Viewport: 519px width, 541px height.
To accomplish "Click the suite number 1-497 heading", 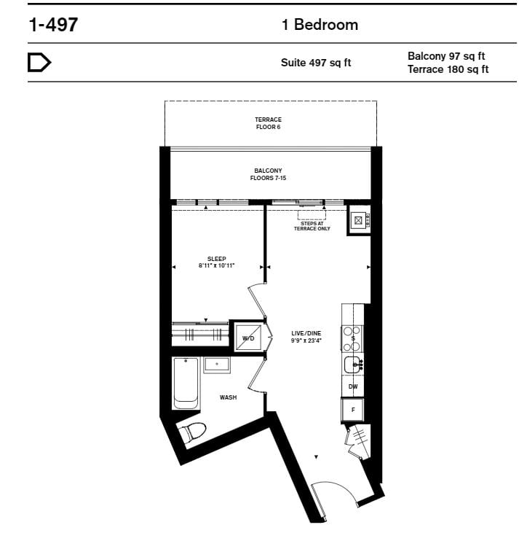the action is pyautogui.click(x=53, y=25).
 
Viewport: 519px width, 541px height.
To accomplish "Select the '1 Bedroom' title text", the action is pyautogui.click(x=320, y=25).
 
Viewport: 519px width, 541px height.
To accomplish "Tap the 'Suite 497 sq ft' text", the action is pyautogui.click(x=316, y=63).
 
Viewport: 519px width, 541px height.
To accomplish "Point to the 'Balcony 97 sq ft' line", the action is pyautogui.click(x=446, y=56).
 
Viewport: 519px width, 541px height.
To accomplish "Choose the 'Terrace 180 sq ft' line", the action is pyautogui.click(x=448, y=69).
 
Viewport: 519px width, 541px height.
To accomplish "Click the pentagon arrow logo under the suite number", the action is pyautogui.click(x=39, y=63).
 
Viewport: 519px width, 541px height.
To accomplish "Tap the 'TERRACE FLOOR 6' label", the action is pyautogui.click(x=269, y=123).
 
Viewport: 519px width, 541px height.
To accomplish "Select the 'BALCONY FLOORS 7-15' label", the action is pyautogui.click(x=268, y=174).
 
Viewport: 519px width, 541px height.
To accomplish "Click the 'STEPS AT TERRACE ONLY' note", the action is pyautogui.click(x=312, y=226).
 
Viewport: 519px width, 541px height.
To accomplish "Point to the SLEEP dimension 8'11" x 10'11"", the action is pyautogui.click(x=217, y=265).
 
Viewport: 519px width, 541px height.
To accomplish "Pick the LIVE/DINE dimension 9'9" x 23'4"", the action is pyautogui.click(x=306, y=340).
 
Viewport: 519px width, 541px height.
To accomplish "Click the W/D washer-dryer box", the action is pyautogui.click(x=248, y=338).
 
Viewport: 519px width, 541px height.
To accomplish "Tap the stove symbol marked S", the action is pyautogui.click(x=352, y=338).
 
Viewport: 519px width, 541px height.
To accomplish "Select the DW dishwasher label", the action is pyautogui.click(x=353, y=386).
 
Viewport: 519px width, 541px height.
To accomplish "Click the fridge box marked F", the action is pyautogui.click(x=352, y=410).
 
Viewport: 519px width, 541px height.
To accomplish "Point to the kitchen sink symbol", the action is pyautogui.click(x=353, y=365).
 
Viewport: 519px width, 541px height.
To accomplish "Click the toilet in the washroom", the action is pyautogui.click(x=192, y=432).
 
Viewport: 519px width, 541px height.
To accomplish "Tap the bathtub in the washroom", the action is pyautogui.click(x=186, y=384).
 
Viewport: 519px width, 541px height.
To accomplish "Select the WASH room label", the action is pyautogui.click(x=228, y=397).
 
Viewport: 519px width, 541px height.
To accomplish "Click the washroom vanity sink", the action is pyautogui.click(x=217, y=365).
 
